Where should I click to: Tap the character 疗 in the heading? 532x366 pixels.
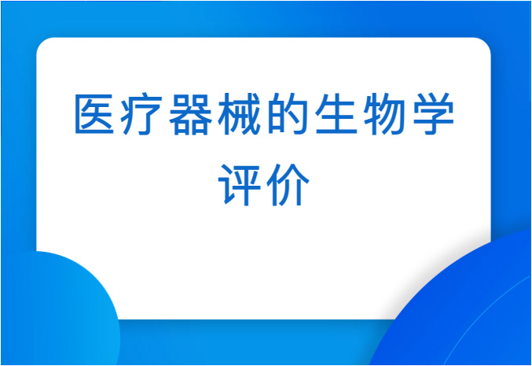click(x=141, y=113)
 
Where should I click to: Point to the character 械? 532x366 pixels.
click(x=239, y=113)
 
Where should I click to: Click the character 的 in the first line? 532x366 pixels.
click(x=287, y=113)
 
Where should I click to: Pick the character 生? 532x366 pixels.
click(x=336, y=113)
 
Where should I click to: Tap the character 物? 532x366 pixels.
click(x=383, y=113)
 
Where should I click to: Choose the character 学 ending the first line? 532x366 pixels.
click(x=433, y=113)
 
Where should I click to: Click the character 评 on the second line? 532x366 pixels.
click(x=240, y=185)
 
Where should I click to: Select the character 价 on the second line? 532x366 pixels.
click(x=288, y=185)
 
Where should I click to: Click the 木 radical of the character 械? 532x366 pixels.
click(x=226, y=114)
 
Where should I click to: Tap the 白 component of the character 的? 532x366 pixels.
click(x=277, y=115)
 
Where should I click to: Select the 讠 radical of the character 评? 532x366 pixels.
click(x=225, y=185)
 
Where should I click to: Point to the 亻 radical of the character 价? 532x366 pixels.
click(x=273, y=185)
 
